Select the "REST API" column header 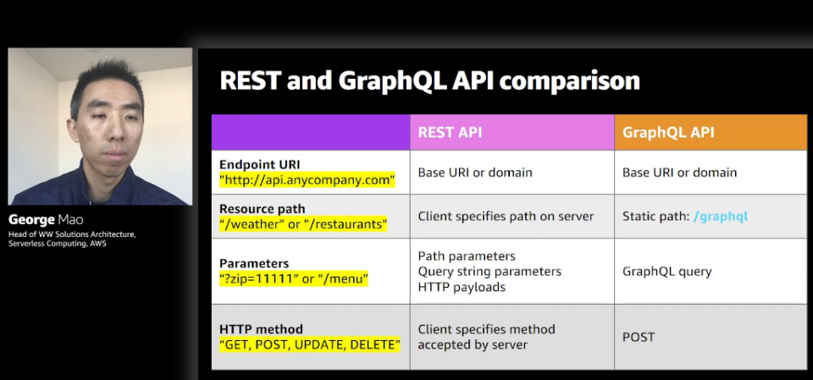click(450, 132)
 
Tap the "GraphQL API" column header click(668, 132)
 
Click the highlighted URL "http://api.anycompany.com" click(307, 180)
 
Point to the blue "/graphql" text click(721, 216)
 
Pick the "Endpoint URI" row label click(260, 164)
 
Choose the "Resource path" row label click(263, 209)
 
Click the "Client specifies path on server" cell click(506, 216)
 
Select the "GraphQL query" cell click(666, 272)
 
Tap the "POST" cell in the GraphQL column click(639, 337)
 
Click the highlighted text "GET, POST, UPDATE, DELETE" click(310, 344)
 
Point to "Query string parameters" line click(489, 272)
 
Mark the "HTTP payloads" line click(462, 287)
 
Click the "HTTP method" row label click(261, 329)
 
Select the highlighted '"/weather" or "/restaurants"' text click(303, 224)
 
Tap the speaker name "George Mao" click(46, 219)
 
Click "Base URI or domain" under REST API click(475, 172)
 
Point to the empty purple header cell click(311, 132)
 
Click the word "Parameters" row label click(254, 263)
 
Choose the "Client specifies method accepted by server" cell click(486, 337)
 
